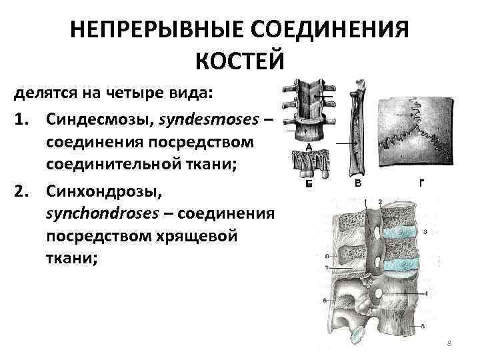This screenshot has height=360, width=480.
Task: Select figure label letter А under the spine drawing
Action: [x=309, y=147]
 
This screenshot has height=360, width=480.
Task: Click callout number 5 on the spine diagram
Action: [x=423, y=325]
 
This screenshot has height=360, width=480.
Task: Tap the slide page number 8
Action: [x=449, y=343]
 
